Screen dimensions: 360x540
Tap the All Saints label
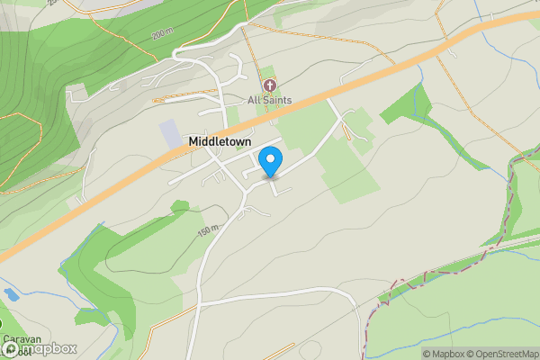(269, 100)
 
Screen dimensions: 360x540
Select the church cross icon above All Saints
(268, 85)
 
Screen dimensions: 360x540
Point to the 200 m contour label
(161, 34)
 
